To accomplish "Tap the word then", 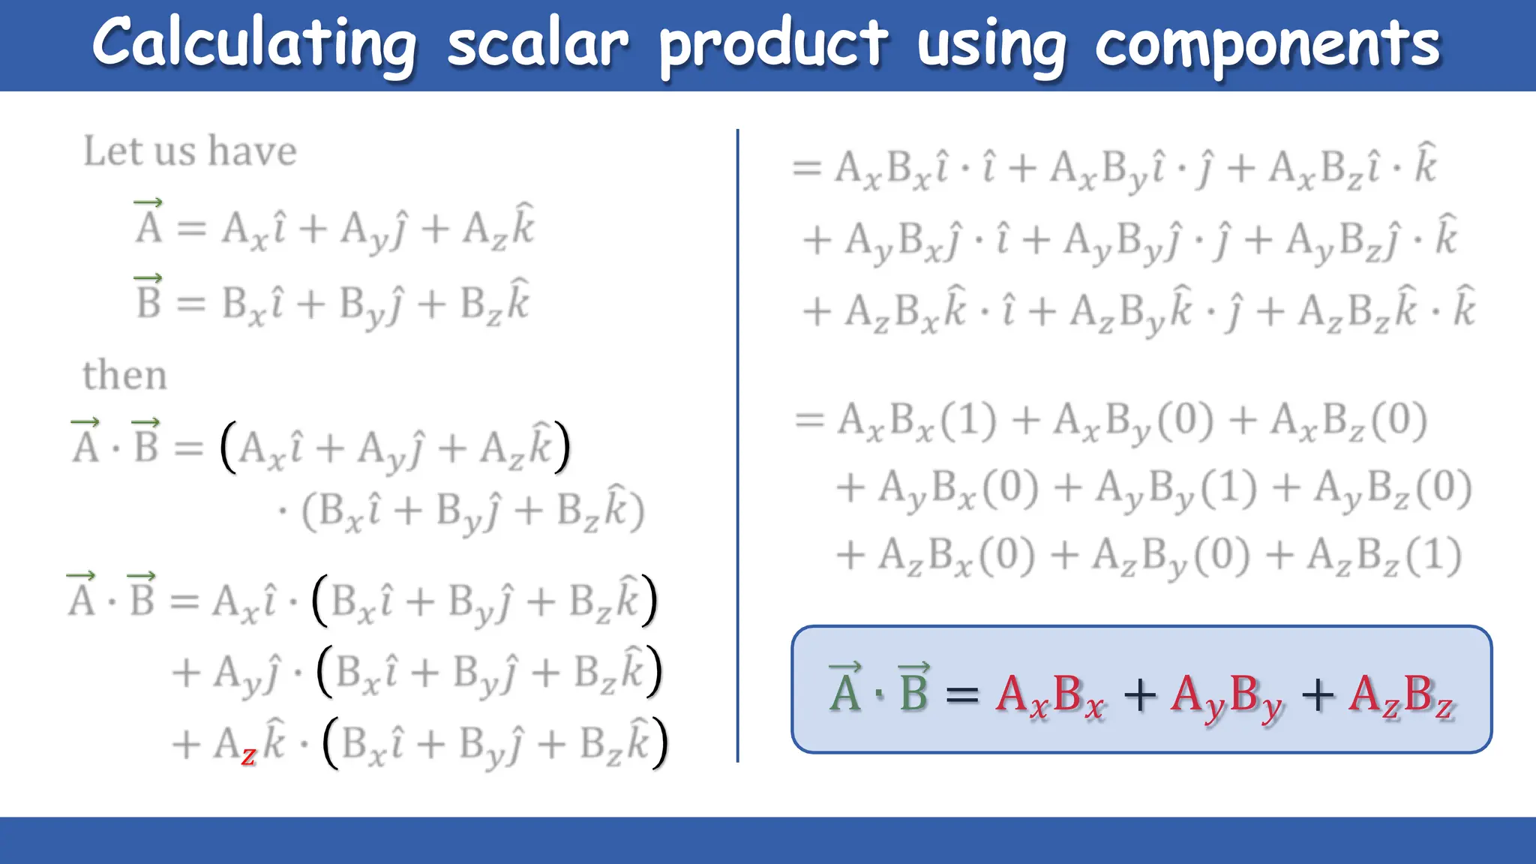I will point(124,375).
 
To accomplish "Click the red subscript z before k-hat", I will point(248,754).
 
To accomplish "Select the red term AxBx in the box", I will point(1050,696).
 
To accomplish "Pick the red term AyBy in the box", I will point(1226,696).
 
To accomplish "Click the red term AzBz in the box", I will point(1401,696).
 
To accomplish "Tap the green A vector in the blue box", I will point(845,688).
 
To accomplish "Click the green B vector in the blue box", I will point(913,688).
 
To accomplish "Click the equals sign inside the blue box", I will point(962,694).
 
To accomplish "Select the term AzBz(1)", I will point(1384,557).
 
